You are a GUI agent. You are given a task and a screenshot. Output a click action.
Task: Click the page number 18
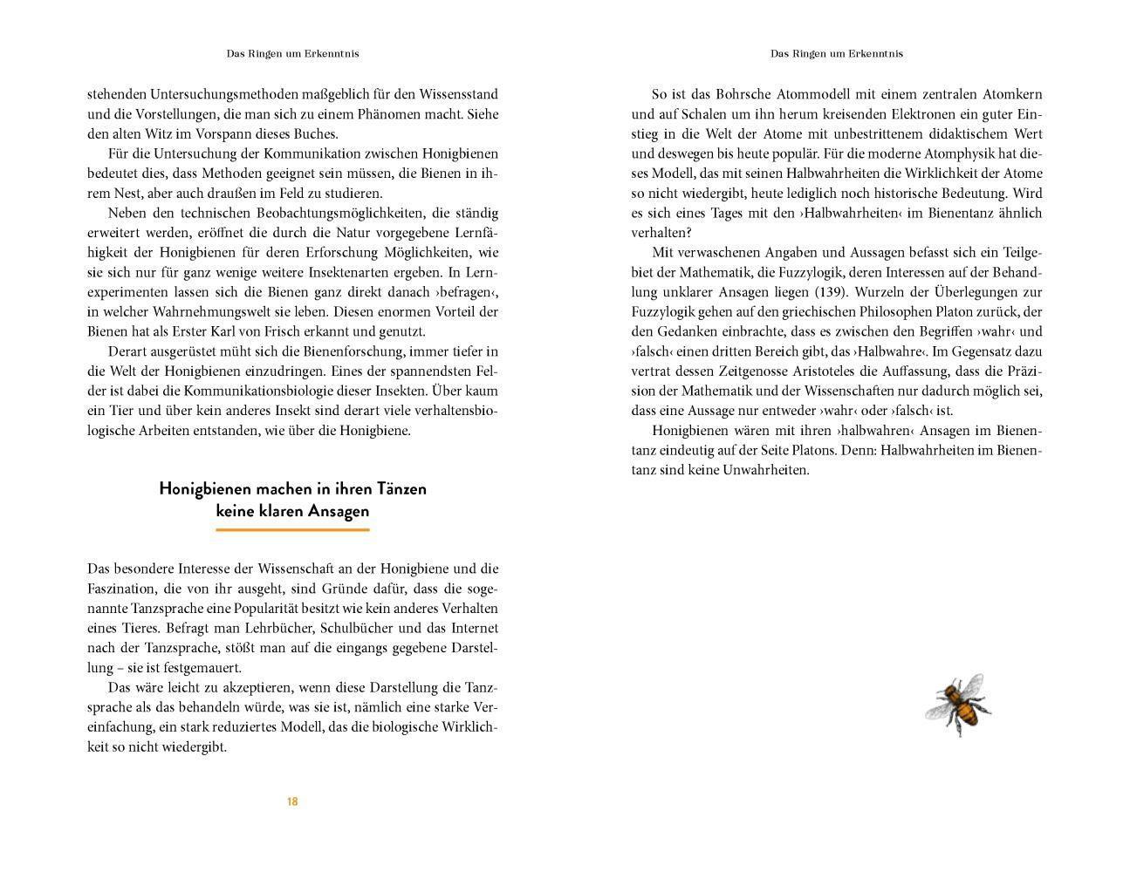[x=292, y=801]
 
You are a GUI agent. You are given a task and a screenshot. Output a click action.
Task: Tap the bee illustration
[x=958, y=704]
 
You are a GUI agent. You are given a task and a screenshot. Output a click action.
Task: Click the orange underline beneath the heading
[x=292, y=528]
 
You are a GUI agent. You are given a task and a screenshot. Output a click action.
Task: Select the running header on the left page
[x=292, y=53]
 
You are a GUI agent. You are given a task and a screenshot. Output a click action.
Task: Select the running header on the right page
[x=836, y=53]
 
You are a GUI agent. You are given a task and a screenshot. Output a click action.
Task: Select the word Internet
[x=472, y=628]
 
